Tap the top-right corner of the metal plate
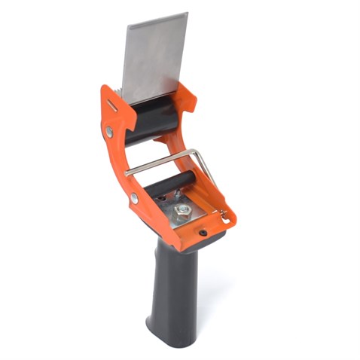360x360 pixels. point(187,14)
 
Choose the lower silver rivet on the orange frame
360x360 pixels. point(133,198)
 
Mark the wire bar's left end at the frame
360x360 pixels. point(127,172)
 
